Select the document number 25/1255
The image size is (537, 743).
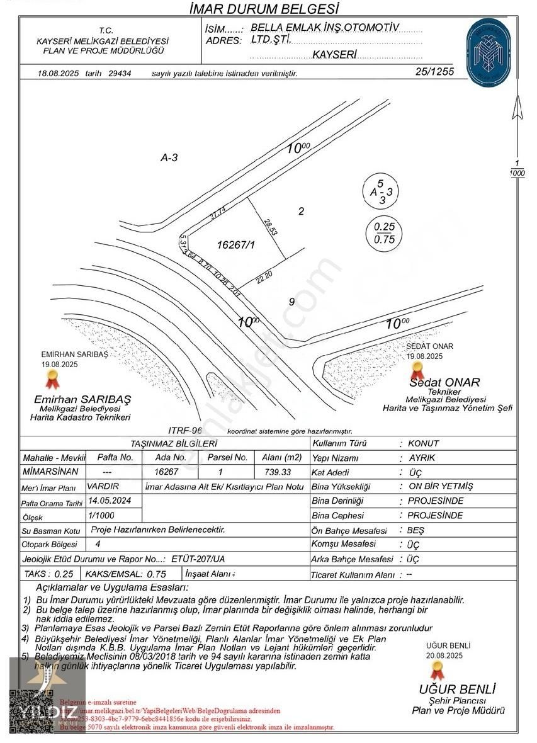tap(434, 72)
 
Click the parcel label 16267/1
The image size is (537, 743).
tap(236, 244)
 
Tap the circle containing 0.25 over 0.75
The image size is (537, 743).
tap(385, 232)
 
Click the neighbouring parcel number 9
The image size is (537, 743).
tap(291, 302)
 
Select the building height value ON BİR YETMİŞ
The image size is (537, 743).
tap(440, 486)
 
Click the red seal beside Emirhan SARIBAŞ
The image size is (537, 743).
tap(52, 380)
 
